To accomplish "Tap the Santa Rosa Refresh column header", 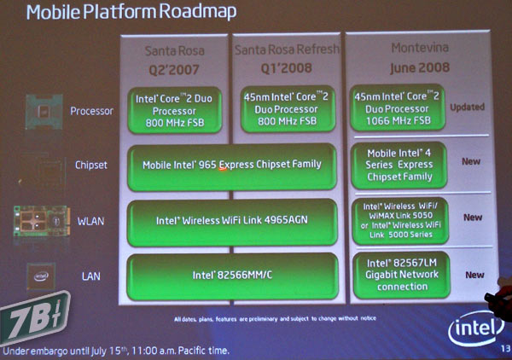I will [x=286, y=49].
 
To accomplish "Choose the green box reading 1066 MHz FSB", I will [x=398, y=108].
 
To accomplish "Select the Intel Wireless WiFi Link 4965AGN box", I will [x=232, y=220].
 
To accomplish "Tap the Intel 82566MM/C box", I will [x=232, y=276].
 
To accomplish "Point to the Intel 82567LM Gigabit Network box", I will [x=398, y=275].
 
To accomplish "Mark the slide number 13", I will [x=503, y=346].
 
